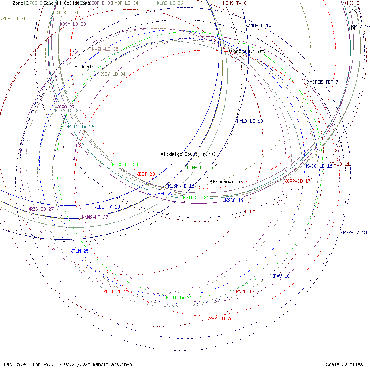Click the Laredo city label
pos(85,67)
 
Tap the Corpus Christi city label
pos(249,51)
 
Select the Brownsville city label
pos(227,182)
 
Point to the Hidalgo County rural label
pos(189,154)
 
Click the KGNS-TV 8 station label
pos(235,3)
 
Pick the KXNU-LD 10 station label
pos(258,25)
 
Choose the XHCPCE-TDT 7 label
pos(323,82)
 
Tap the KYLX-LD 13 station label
pos(250,121)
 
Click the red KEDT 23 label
pos(145,174)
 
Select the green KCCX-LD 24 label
pos(125,165)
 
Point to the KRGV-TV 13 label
pos(353,232)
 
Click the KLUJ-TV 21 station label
pos(179,298)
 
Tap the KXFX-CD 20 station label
pos(219,319)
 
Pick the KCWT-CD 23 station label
pos(116,292)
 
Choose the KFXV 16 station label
pos(280,276)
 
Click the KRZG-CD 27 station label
pos(40,209)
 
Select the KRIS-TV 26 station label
pos(81,127)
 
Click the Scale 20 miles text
pos(344,364)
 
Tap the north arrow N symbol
pos(353,27)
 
